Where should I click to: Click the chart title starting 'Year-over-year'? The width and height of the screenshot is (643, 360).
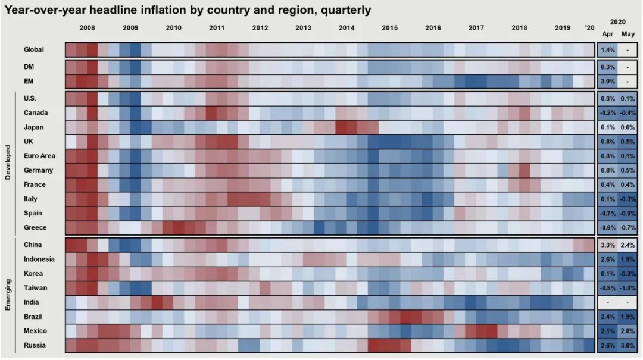click(x=188, y=10)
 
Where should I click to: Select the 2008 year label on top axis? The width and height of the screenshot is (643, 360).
click(x=87, y=28)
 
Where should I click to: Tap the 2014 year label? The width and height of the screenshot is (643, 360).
click(x=347, y=28)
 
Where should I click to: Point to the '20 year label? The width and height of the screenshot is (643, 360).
click(x=589, y=28)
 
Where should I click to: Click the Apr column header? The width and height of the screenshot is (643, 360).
click(x=608, y=35)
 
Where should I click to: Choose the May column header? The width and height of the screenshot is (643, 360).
click(x=628, y=35)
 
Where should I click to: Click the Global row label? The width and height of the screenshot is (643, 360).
click(x=33, y=49)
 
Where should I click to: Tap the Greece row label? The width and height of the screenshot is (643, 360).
click(x=35, y=228)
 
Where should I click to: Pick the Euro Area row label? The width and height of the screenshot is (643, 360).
click(x=39, y=156)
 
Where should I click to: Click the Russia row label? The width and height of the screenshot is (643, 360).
click(x=34, y=345)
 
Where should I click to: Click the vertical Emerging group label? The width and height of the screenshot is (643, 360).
click(x=8, y=295)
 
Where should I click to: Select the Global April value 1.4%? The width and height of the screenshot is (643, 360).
click(x=608, y=50)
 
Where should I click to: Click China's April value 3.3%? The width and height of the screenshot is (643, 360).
click(x=608, y=245)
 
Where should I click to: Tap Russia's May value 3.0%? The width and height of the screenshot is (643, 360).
click(x=628, y=346)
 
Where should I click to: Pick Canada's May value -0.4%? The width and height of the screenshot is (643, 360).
click(x=628, y=113)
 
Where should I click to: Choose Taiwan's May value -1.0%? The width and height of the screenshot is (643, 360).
click(x=628, y=288)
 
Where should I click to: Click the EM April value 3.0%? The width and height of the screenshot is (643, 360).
click(x=608, y=81)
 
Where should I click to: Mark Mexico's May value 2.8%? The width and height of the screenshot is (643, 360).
click(x=628, y=331)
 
